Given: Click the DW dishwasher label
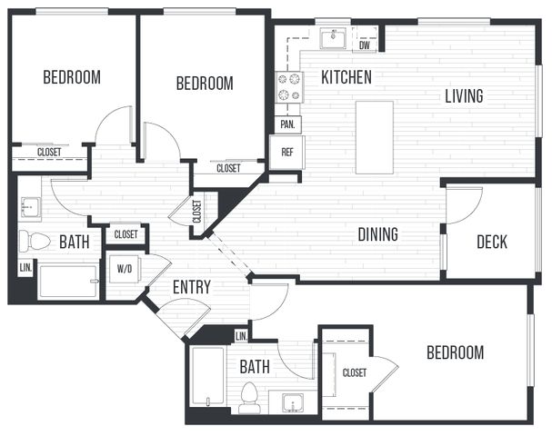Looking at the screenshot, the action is (x=365, y=45).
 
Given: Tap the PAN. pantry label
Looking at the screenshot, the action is (x=287, y=124).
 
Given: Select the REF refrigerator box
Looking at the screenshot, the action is (x=287, y=153).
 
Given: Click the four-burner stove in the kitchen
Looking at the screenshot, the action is (x=289, y=87).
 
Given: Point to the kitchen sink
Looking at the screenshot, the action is (x=333, y=38).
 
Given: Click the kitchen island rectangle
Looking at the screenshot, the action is (x=375, y=137).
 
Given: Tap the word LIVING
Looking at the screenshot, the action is (x=464, y=96).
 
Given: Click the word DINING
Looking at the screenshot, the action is (x=377, y=234).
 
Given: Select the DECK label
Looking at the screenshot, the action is (x=492, y=242).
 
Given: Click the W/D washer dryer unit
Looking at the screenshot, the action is (x=125, y=269).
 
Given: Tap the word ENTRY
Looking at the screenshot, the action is (x=192, y=287).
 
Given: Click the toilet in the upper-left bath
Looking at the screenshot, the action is (x=35, y=242).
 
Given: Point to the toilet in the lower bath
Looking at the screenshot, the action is (x=249, y=398).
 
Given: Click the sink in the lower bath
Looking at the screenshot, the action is (x=293, y=402).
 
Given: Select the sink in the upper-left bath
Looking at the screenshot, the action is (x=31, y=207).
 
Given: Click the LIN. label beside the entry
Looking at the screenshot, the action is (x=241, y=336).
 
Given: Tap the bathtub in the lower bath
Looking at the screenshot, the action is (x=207, y=376).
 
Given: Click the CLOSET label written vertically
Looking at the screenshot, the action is (x=197, y=212).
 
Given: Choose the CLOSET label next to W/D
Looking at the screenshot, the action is (x=126, y=234).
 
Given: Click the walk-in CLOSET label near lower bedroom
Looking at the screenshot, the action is (x=355, y=372).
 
